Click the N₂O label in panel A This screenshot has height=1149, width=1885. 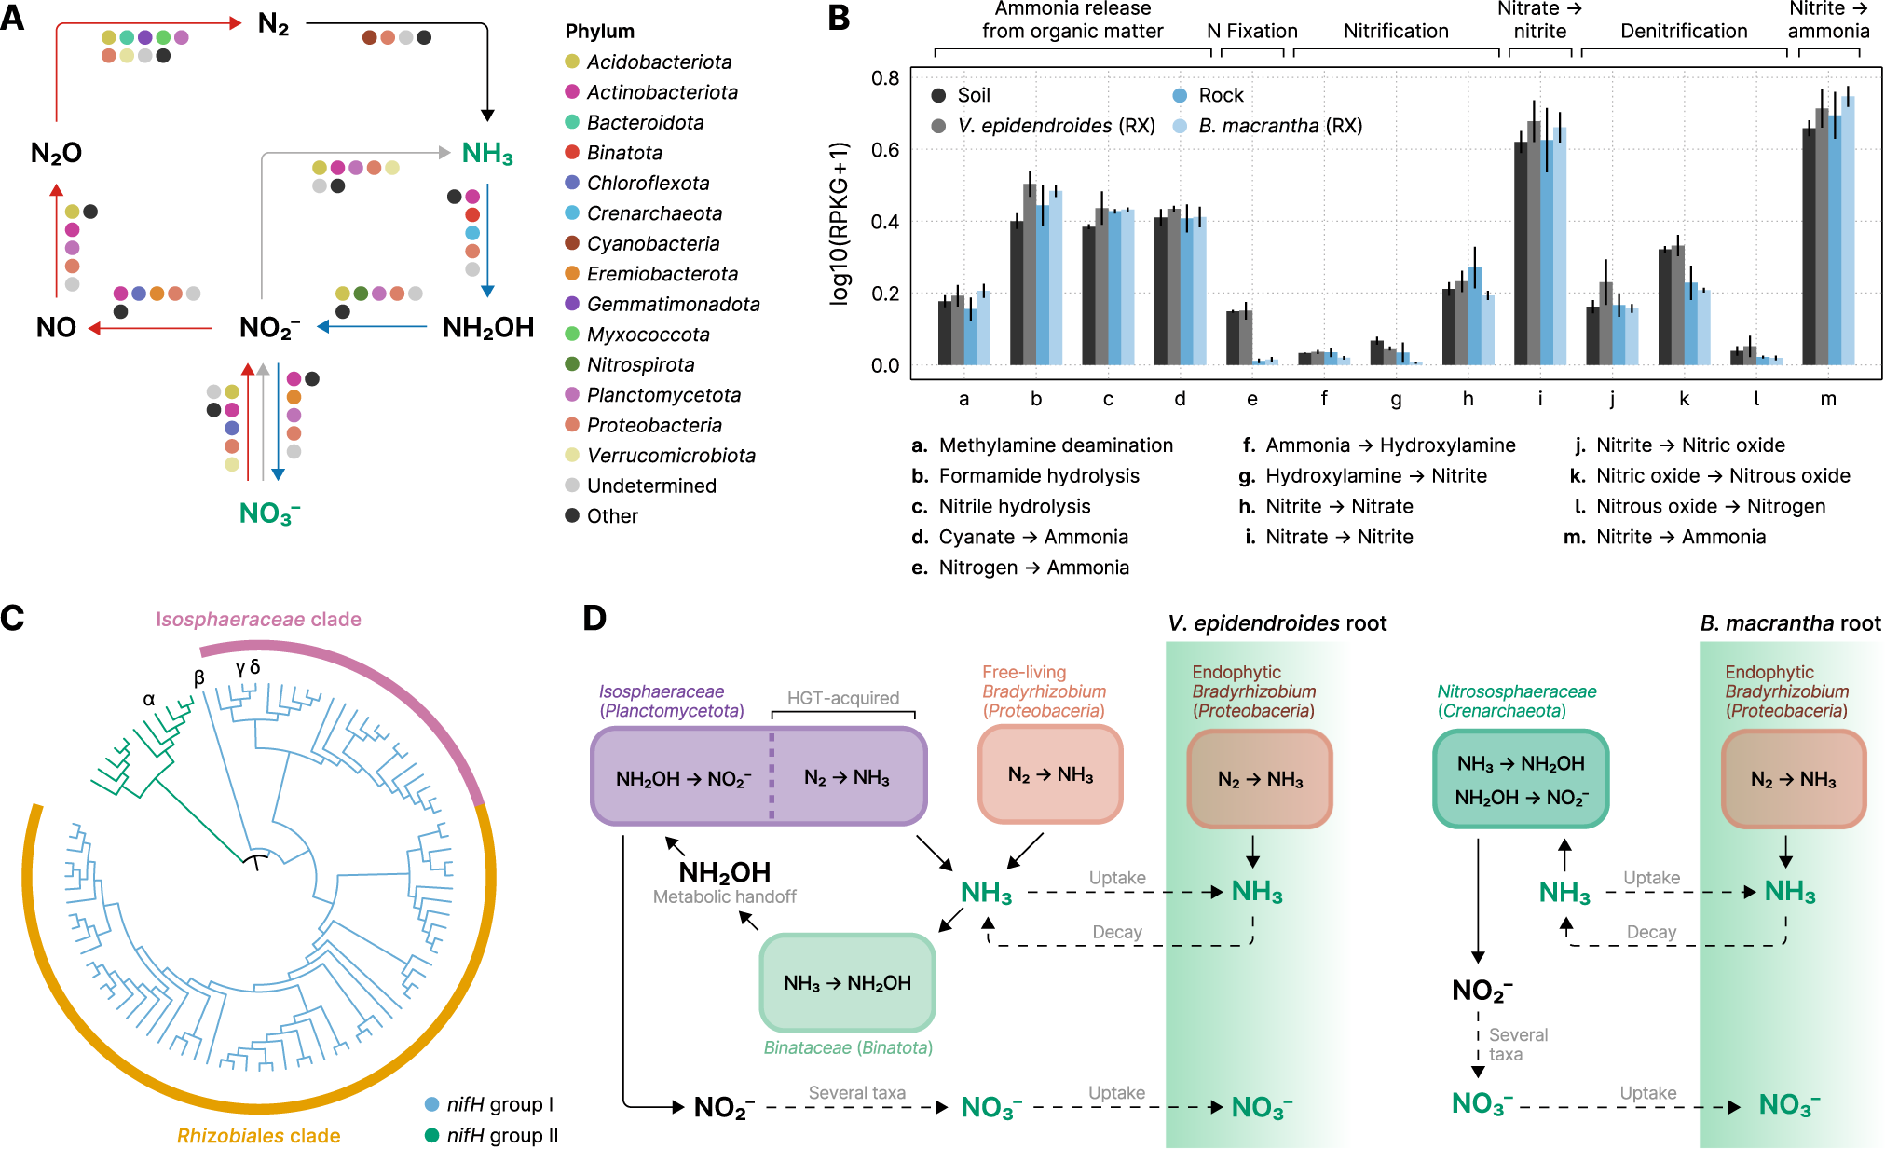56,153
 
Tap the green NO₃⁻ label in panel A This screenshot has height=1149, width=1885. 269,513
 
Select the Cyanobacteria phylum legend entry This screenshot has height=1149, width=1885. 652,243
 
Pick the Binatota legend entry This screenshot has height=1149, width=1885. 623,153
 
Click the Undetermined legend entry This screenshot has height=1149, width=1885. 650,486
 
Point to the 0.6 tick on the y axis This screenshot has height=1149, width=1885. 885,150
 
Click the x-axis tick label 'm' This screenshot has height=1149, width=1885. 1828,399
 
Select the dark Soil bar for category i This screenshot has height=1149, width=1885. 1521,252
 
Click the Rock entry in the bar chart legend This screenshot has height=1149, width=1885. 1220,95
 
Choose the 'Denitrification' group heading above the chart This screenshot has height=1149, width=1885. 1684,31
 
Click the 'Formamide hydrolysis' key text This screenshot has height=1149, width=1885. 1038,476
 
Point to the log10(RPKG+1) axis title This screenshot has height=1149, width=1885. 840,224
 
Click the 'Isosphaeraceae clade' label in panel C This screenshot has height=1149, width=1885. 258,620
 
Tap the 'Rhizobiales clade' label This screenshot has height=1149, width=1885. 258,1135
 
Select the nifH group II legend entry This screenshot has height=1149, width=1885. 500,1135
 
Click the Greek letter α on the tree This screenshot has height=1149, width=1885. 149,699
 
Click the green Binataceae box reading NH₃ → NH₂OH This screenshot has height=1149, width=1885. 847,983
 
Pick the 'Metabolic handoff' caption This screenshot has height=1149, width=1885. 724,897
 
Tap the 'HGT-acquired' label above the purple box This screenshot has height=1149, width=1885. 842,698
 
